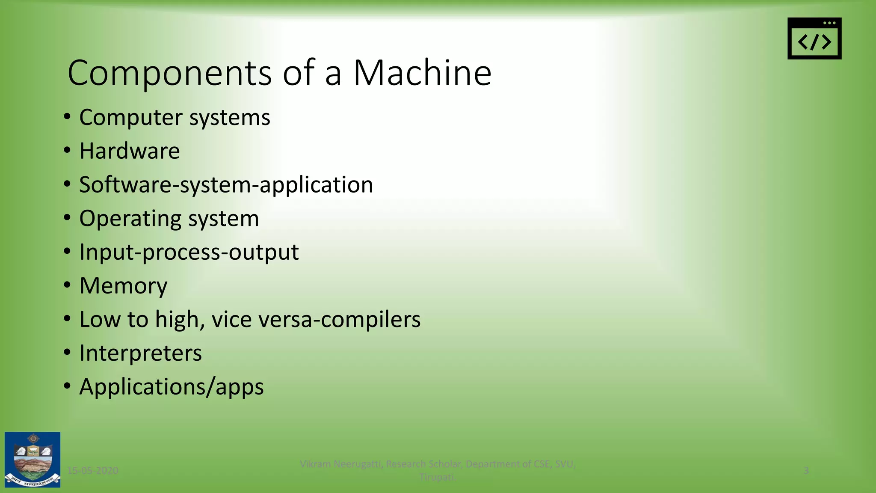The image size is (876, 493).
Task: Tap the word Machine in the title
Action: [422, 73]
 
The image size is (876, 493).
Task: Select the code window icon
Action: [814, 39]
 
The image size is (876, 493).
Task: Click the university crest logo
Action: [33, 460]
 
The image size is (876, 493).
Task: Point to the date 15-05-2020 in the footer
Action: [93, 471]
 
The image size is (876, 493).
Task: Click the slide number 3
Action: [806, 471]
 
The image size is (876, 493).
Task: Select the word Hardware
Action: [130, 151]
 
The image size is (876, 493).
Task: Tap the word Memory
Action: [123, 286]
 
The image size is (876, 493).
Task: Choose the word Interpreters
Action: [140, 353]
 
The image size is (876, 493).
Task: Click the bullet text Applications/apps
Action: [172, 387]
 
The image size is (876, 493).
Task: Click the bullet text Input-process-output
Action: [189, 252]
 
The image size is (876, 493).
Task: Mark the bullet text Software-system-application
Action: [226, 185]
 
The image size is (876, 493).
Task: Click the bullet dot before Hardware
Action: [67, 150]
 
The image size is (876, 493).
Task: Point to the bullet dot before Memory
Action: [67, 285]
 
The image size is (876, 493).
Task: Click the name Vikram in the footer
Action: [315, 464]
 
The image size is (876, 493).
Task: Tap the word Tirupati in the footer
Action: [437, 477]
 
